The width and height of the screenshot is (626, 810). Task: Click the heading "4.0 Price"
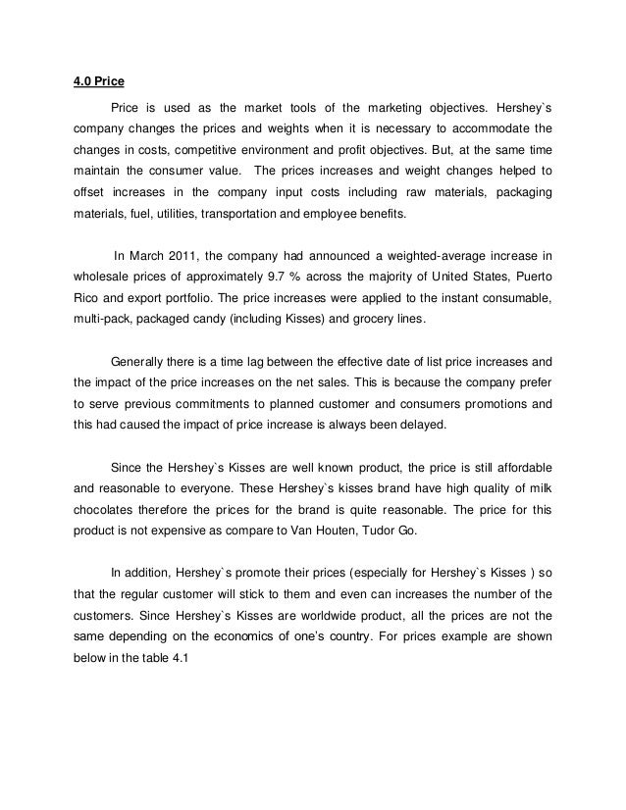(x=101, y=82)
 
